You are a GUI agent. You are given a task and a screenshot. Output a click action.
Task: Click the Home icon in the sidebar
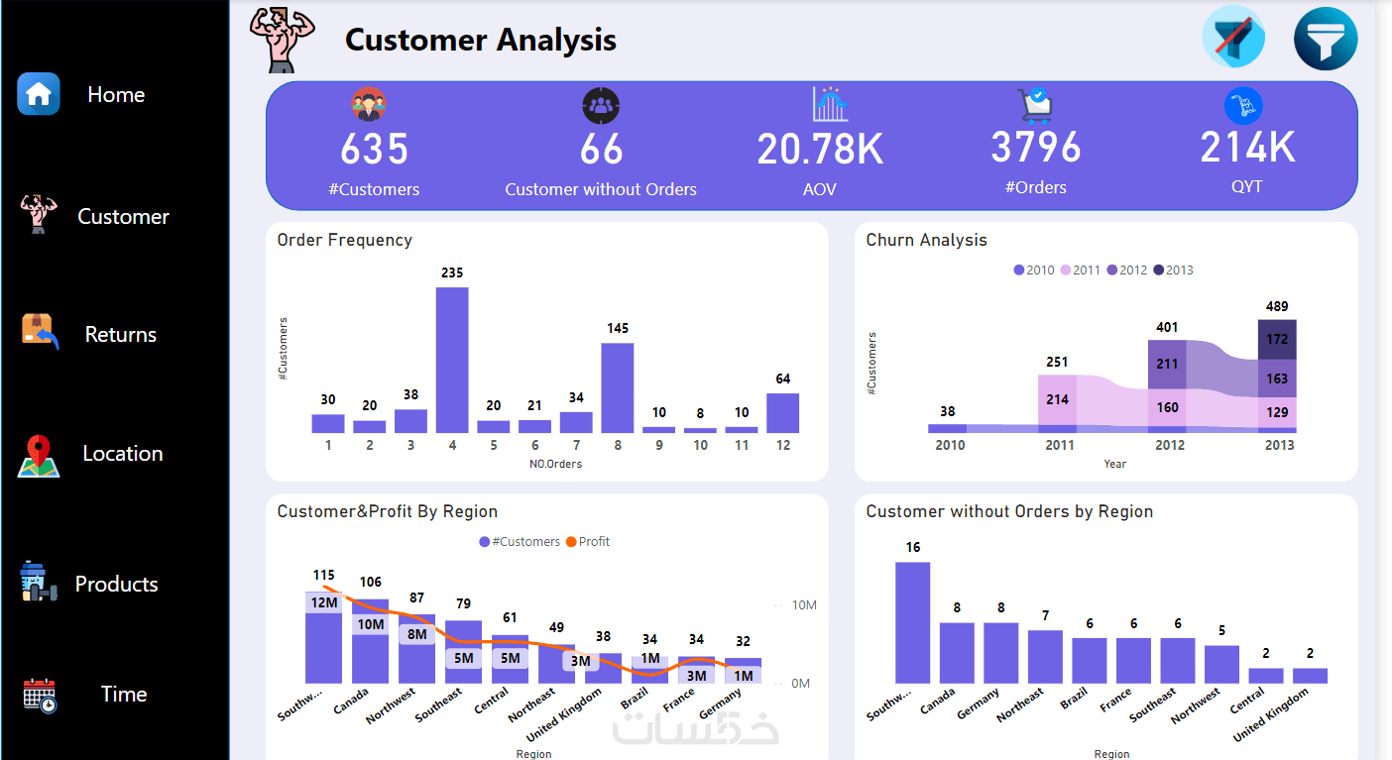point(39,94)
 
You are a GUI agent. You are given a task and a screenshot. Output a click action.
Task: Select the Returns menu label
point(120,335)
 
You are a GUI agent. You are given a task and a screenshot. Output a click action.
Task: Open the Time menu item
point(123,695)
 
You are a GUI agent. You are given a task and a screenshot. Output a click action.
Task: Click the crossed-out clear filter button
point(1233,39)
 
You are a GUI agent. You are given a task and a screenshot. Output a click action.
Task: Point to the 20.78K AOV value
point(820,150)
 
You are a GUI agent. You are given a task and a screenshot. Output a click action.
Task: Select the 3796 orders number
point(1035,148)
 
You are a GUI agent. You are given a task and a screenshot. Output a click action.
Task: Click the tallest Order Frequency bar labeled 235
point(452,360)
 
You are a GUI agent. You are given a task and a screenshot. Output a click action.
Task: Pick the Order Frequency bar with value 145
point(617,387)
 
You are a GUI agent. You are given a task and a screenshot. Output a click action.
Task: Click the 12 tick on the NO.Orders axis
point(783,446)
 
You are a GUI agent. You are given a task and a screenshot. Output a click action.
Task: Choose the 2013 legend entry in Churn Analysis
point(1174,271)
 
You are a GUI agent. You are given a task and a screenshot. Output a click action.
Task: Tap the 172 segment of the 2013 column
point(1277,339)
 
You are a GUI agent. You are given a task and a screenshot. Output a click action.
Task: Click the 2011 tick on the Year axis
point(1059,446)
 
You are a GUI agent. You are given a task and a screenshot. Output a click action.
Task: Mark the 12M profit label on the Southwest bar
point(323,602)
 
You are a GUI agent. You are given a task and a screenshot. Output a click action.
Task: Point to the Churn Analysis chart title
point(926,240)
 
